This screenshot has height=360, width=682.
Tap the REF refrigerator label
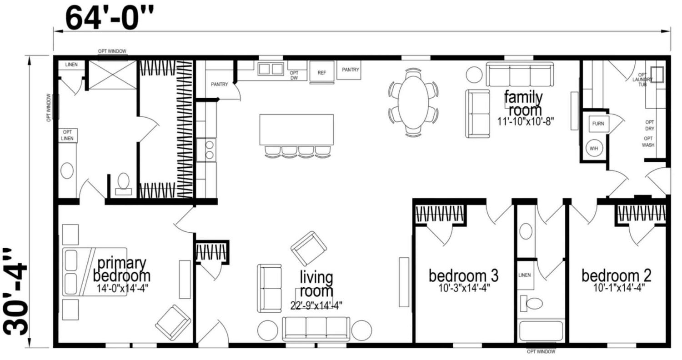click(322, 73)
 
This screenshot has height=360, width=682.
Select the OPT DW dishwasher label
click(294, 75)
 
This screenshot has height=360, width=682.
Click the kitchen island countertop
click(296, 130)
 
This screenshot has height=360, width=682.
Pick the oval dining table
click(413, 102)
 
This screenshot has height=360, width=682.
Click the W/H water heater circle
click(594, 148)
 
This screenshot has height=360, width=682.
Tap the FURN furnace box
click(599, 124)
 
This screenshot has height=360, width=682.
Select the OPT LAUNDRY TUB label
click(642, 80)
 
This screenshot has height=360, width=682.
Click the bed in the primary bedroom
click(95, 272)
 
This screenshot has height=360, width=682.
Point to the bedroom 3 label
click(464, 275)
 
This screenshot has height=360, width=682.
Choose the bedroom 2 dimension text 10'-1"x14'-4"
click(619, 288)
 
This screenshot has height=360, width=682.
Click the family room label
click(524, 104)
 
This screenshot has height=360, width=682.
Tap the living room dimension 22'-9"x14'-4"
click(316, 305)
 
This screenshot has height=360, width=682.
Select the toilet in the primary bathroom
click(123, 184)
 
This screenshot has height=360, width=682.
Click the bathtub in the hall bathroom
click(541, 330)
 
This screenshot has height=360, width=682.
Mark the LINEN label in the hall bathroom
click(525, 275)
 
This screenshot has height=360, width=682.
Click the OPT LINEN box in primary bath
click(67, 135)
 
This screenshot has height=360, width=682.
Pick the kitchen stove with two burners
click(206, 150)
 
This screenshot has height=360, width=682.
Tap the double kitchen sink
click(271, 69)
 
